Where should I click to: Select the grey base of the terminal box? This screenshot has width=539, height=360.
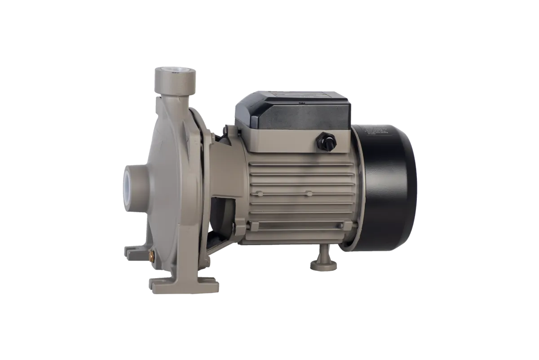(292, 135)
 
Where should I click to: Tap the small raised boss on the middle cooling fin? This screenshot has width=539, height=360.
(308, 194)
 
